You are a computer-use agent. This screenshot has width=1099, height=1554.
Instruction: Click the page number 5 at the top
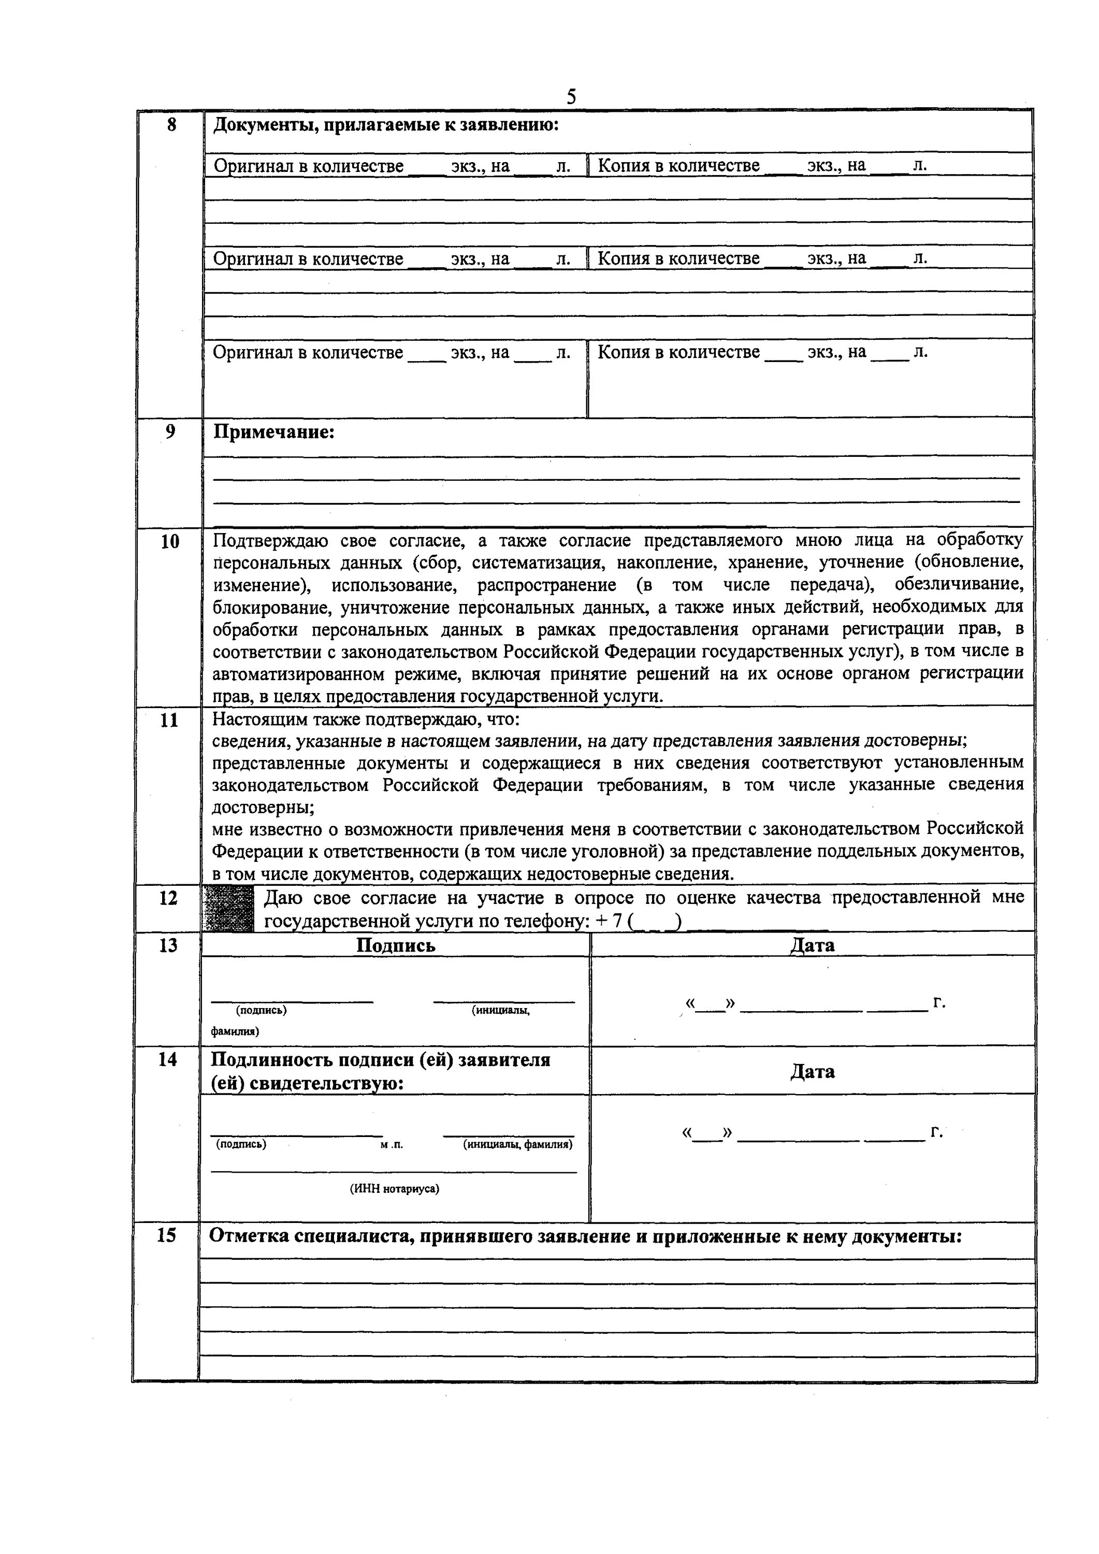click(571, 97)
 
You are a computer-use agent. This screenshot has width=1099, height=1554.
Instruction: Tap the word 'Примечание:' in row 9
click(274, 432)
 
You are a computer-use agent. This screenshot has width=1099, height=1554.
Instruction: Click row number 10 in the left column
click(170, 541)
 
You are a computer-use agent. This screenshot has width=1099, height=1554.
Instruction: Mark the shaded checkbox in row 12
click(228, 908)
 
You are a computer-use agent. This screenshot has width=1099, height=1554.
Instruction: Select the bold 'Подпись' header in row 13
click(396, 945)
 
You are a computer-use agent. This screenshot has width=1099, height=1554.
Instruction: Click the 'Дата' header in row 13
click(812, 945)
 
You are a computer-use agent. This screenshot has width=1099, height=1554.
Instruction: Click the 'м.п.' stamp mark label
click(391, 1144)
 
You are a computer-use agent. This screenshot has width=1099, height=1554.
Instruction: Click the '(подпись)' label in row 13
click(261, 1010)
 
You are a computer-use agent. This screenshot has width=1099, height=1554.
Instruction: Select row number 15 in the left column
click(166, 1236)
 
